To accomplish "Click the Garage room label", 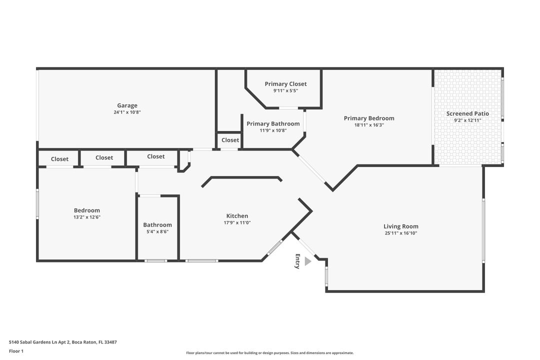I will (x=127, y=105).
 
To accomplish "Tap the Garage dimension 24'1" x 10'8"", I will (x=127, y=112).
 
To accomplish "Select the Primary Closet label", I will (x=285, y=84).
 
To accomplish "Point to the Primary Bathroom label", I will (x=273, y=123).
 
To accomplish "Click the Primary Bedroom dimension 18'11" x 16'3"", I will (x=368, y=125).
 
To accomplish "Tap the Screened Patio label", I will (x=467, y=113).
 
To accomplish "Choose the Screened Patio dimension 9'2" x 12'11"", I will (x=467, y=120).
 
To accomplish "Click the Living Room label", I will (x=400, y=226).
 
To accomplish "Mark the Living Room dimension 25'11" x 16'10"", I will (x=400, y=233).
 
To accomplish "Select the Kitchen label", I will (x=237, y=216).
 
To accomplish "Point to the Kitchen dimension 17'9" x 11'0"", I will (x=237, y=223).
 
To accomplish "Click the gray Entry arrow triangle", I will (x=307, y=261).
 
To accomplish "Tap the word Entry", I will (x=297, y=261).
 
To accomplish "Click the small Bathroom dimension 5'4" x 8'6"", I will (x=157, y=231).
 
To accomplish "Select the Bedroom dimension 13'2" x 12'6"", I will (x=87, y=217).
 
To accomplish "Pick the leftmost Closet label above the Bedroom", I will (x=59, y=159).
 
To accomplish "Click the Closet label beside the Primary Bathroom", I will (x=230, y=140).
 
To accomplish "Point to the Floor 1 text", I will (x=16, y=351).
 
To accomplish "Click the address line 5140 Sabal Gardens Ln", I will (x=62, y=342).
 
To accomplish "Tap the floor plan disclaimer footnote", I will (x=269, y=353).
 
